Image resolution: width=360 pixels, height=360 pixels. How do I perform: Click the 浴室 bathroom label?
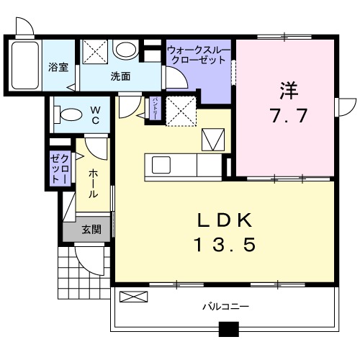tap(58, 67)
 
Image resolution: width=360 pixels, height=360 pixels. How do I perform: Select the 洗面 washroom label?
tap(120, 76)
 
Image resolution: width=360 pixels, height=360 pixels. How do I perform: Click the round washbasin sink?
tap(126, 50)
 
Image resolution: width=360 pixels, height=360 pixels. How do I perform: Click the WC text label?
tap(94, 114)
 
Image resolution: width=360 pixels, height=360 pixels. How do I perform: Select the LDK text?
tap(223, 220)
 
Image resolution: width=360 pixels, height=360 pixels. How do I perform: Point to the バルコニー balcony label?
tap(225, 306)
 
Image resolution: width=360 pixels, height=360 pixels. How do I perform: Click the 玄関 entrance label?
tap(91, 230)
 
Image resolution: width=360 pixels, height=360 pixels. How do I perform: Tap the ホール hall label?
tap(94, 184)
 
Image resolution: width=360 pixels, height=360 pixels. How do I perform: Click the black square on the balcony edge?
tap(228, 330)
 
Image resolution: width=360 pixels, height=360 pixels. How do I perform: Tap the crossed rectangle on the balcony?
tap(132, 295)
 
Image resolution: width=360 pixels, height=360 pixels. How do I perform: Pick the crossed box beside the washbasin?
tap(94, 50)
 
